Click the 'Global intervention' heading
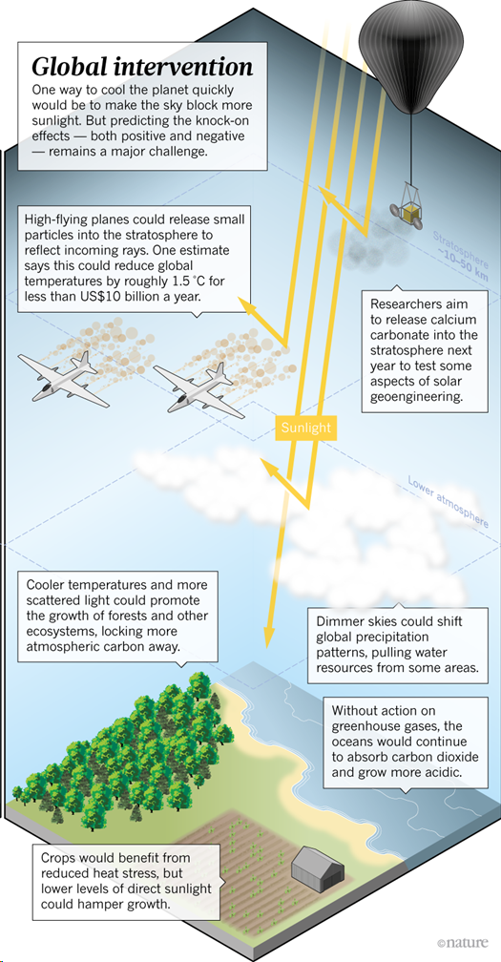(141, 66)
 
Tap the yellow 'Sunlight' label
(306, 428)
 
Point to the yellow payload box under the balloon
(411, 213)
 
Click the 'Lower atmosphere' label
(449, 501)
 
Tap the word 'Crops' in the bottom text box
(57, 857)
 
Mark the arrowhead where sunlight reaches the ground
(267, 636)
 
